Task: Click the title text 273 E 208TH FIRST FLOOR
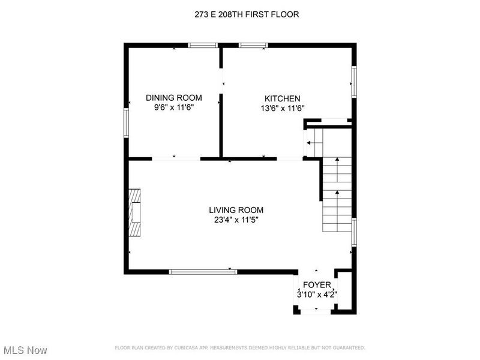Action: click(x=247, y=14)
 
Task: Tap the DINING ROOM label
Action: click(x=174, y=98)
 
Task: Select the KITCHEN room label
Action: click(x=282, y=98)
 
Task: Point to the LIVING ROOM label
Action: click(x=236, y=210)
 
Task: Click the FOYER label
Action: click(x=317, y=285)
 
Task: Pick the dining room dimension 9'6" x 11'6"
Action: click(x=174, y=107)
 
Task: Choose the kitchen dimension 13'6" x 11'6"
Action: click(x=282, y=109)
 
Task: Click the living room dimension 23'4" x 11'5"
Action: click(x=236, y=220)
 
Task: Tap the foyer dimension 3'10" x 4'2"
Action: click(x=317, y=295)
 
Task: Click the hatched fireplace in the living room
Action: click(x=134, y=213)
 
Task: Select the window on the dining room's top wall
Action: click(x=203, y=46)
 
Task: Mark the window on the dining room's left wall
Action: click(x=126, y=123)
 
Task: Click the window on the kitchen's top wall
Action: click(x=253, y=46)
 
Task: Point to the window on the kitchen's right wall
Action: click(x=354, y=82)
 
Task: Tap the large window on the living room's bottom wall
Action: click(x=203, y=272)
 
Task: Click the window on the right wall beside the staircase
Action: click(x=354, y=232)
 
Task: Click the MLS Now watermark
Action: click(x=23, y=350)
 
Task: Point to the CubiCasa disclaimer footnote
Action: click(x=240, y=348)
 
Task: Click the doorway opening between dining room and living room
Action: click(x=176, y=159)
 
